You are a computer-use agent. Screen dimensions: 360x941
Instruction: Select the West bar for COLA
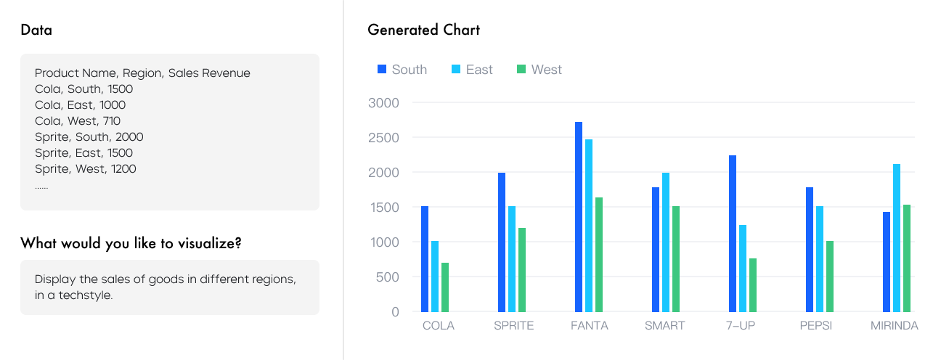click(445, 287)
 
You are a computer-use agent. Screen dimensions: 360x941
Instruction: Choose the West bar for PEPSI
click(830, 276)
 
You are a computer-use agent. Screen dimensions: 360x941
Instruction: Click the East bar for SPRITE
click(512, 258)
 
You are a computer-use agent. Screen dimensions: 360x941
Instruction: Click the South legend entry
click(402, 70)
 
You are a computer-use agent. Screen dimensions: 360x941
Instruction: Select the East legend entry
click(472, 70)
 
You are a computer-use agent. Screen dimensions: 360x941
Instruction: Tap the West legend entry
click(539, 70)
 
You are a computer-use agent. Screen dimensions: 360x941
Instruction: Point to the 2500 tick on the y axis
click(384, 138)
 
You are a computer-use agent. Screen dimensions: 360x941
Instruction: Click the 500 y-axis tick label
click(388, 277)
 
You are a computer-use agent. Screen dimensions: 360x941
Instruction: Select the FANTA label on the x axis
click(590, 326)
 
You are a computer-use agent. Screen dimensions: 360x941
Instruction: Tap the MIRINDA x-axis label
click(894, 326)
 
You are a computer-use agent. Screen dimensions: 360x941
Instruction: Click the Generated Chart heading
click(423, 30)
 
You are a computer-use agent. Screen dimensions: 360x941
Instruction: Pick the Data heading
click(36, 30)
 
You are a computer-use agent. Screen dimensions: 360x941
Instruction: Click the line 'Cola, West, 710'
click(78, 121)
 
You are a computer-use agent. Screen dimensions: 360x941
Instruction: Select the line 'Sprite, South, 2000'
click(89, 137)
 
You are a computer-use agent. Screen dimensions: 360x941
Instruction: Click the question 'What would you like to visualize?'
click(131, 243)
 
